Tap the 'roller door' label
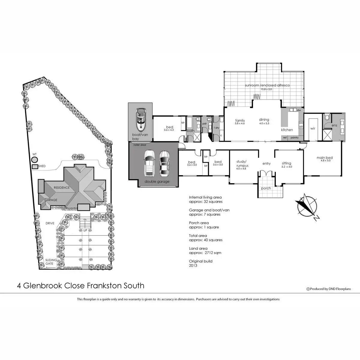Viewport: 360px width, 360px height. tap(138, 144)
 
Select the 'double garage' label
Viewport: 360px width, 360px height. tap(157, 181)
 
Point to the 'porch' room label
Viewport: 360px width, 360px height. tap(266, 188)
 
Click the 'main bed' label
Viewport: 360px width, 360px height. tap(325, 158)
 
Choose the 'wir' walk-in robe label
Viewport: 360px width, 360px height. tap(313, 128)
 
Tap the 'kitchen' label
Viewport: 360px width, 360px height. tap(287, 130)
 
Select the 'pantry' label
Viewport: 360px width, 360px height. tap(295, 138)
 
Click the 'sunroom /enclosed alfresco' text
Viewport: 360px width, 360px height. tap(267, 85)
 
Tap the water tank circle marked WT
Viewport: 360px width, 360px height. tap(35, 160)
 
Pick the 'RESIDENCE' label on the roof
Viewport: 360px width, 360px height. tap(61, 188)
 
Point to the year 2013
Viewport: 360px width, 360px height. tap(193, 265)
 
